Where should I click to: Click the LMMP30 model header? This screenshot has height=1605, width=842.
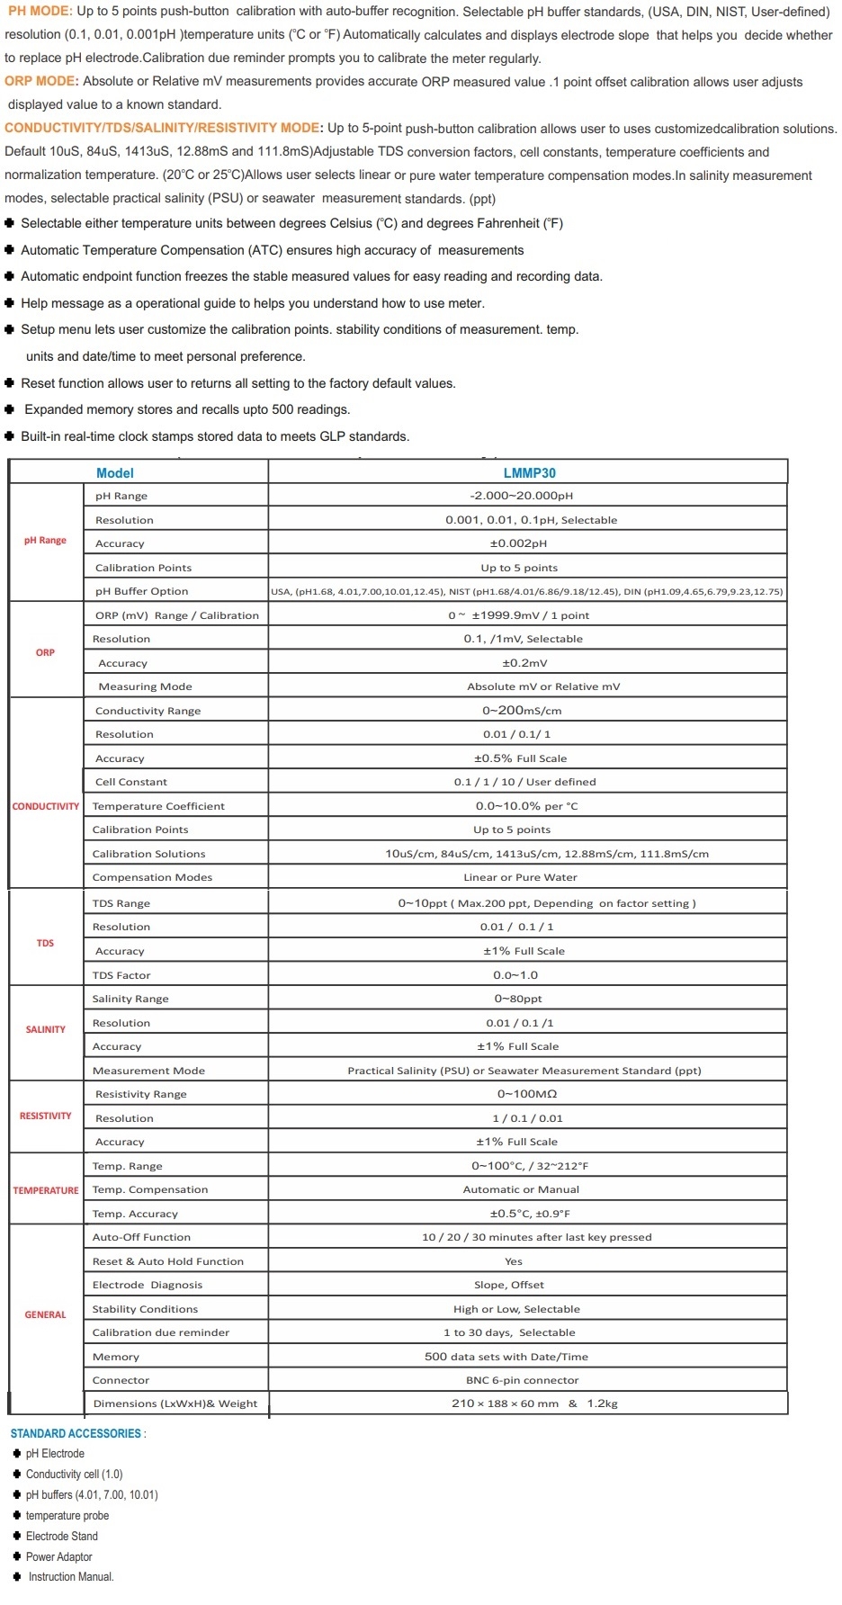[x=529, y=472]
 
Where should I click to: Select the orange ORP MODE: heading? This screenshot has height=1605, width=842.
[x=41, y=81]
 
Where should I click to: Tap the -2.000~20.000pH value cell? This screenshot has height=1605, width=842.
[x=521, y=496]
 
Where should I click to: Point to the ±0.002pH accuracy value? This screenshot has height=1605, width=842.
[x=518, y=543]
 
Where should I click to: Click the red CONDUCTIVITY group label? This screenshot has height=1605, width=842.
[x=46, y=806]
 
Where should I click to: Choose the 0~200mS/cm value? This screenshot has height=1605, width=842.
[x=522, y=711]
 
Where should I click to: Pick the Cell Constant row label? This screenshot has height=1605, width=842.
[x=131, y=782]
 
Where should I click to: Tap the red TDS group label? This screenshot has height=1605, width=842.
[x=45, y=943]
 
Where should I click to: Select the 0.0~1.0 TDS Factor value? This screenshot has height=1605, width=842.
[x=515, y=975]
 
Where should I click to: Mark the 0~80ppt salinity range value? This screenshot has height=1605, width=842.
[x=518, y=999]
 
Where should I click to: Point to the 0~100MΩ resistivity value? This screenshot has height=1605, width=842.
[x=527, y=1094]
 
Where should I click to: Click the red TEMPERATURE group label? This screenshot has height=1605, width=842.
[x=46, y=1190]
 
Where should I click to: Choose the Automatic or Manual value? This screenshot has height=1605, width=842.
[x=523, y=1189]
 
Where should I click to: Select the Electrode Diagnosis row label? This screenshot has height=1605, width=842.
[x=148, y=1285]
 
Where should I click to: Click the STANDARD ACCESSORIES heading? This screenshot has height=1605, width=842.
[x=76, y=1433]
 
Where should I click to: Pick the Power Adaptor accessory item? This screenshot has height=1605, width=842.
[x=58, y=1556]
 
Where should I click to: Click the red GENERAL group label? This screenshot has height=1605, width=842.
[x=46, y=1314]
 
